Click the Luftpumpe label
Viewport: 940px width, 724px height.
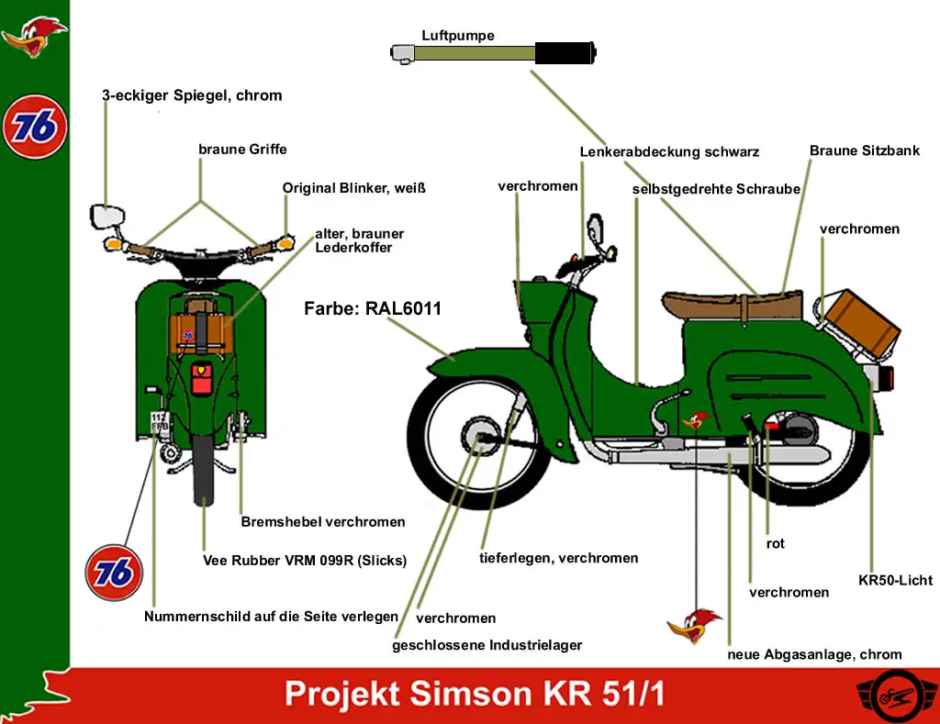(x=458, y=36)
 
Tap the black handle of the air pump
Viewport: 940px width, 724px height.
(x=565, y=53)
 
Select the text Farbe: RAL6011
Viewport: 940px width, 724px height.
(x=373, y=309)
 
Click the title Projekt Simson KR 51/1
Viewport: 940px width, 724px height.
(x=475, y=695)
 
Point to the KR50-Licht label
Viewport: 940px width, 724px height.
(x=895, y=580)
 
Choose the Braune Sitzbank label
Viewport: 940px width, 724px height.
(x=864, y=150)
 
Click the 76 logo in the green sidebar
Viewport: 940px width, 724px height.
(x=35, y=127)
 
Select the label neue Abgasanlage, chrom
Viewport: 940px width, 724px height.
(x=814, y=654)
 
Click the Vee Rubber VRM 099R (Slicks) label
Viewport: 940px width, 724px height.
(x=304, y=560)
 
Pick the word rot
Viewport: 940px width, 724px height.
(x=776, y=543)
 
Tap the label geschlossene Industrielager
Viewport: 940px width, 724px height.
(x=487, y=645)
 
